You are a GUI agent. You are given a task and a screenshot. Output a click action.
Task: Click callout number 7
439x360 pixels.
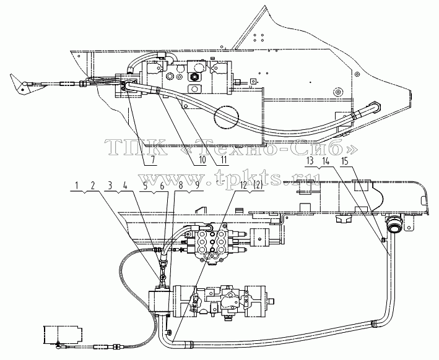152,160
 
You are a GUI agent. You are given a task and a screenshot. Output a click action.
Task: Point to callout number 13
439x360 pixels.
310,161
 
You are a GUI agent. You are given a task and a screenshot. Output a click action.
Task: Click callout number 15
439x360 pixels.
346,161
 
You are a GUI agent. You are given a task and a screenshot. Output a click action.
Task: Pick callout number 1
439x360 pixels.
76,186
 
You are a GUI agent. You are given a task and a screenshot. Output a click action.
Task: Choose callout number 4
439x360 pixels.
126,186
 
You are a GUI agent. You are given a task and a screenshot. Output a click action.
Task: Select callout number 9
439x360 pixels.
198,186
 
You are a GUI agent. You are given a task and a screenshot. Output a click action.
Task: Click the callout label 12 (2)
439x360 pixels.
249,186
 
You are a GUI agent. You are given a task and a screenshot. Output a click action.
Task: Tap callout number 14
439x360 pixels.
326,161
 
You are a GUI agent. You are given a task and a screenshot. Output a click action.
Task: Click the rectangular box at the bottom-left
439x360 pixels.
63,335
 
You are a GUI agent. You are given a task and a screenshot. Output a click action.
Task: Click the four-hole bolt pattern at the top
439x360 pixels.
258,38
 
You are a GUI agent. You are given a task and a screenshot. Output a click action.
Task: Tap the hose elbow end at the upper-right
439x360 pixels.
375,107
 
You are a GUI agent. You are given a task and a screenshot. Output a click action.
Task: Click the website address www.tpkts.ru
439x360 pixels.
230,178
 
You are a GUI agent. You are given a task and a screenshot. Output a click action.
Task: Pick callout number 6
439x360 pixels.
162,186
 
